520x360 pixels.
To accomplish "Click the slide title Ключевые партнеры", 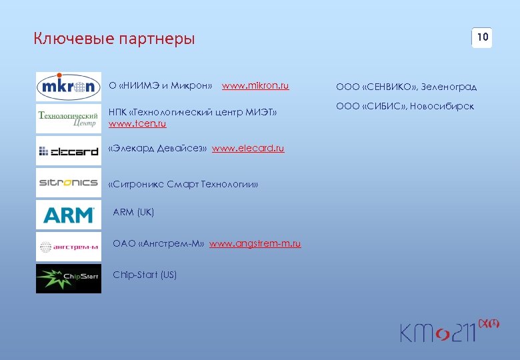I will [114, 39].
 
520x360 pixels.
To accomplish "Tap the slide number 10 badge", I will [482, 37].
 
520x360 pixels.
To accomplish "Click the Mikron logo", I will [68, 87].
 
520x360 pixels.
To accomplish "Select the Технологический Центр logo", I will [68, 119].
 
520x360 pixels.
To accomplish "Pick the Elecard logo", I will [68, 151].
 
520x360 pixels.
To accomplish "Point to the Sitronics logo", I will [68, 183].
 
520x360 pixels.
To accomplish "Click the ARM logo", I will [68, 215].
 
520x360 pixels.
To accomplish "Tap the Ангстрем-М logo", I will [68, 247].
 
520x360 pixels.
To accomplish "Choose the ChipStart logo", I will [68, 279].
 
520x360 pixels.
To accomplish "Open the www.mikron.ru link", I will [255, 86].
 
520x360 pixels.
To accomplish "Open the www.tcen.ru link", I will [137, 124].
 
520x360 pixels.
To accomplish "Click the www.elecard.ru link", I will [248, 148].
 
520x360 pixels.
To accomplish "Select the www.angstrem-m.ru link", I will [255, 243].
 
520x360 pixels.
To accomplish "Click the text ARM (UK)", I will [133, 212].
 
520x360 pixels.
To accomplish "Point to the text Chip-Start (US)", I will [145, 275].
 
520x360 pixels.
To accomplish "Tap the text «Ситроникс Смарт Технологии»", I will [183, 184].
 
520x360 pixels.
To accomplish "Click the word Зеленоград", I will [449, 87].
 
